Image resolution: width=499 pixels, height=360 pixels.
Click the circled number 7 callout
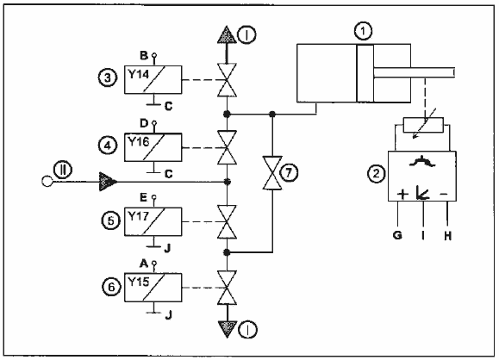coord(289,173)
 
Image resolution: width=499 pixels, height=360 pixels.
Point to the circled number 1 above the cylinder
coord(363,32)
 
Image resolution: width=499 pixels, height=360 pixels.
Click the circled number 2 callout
coord(377,174)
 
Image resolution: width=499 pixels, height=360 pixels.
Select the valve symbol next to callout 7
coord(272,173)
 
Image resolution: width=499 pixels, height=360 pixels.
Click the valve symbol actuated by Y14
coord(227,80)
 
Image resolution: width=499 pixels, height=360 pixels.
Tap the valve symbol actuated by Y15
coord(227,288)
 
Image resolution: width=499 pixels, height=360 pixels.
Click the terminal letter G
coord(397,235)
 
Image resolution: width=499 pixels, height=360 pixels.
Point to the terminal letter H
coord(448,236)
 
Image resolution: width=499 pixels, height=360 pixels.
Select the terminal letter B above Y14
coord(144,55)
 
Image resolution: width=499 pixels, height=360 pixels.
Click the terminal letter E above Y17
coord(144,197)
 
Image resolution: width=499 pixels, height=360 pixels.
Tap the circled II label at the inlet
coord(63,171)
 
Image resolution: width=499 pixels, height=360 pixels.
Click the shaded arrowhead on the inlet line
coord(109,182)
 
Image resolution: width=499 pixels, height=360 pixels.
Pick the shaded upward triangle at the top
coord(227,34)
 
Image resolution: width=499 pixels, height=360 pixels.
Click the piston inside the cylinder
coord(365,73)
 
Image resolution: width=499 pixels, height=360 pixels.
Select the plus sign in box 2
coord(402,194)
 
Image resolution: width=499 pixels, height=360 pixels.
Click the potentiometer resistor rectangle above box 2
coord(423,125)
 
